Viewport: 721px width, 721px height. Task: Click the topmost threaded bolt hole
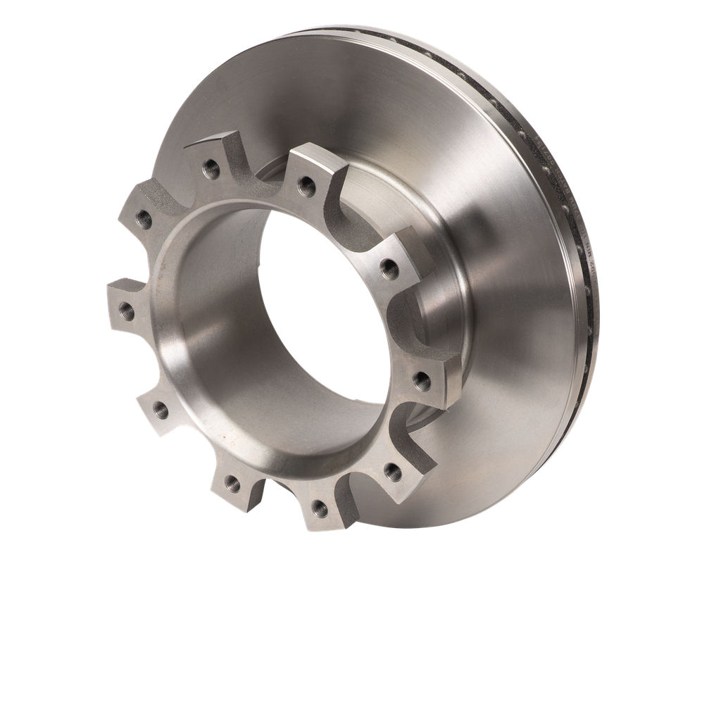pyautogui.click(x=209, y=167)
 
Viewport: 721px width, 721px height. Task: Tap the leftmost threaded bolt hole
pyautogui.click(x=127, y=308)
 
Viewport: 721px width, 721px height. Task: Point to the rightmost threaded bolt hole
pyautogui.click(x=422, y=382)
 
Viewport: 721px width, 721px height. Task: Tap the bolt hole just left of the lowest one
pyautogui.click(x=232, y=482)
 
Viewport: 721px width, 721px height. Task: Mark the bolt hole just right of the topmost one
pyautogui.click(x=304, y=184)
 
